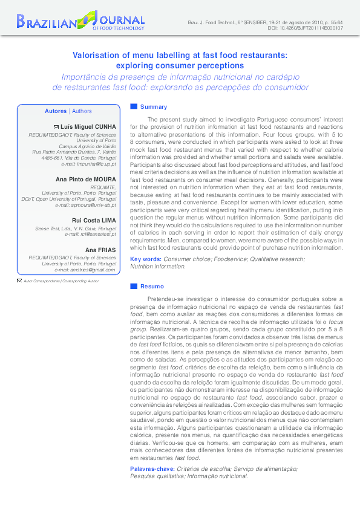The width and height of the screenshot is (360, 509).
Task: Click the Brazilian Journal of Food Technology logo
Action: tap(81, 20)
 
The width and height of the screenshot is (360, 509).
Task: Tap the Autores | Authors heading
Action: tap(68, 111)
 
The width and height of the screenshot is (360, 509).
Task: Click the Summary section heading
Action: tap(153, 107)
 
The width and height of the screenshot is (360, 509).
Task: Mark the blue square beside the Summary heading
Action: tap(134, 106)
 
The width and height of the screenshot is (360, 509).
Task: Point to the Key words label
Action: tap(146, 259)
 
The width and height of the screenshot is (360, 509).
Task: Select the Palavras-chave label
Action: tap(152, 469)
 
